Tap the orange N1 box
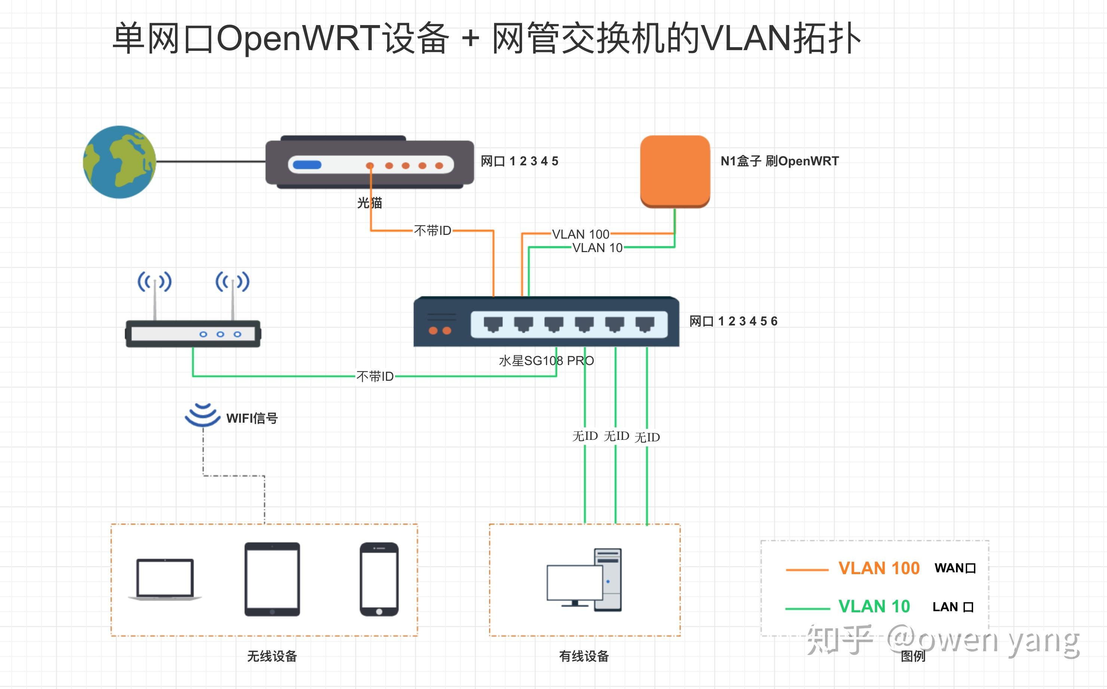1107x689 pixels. click(x=675, y=171)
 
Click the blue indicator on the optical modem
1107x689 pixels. click(x=307, y=165)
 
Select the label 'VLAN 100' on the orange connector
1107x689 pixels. click(x=580, y=234)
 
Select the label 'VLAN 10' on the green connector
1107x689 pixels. click(x=597, y=248)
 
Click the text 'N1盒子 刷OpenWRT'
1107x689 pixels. click(x=779, y=161)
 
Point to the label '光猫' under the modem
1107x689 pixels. click(x=369, y=203)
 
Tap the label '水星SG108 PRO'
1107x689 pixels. click(x=546, y=361)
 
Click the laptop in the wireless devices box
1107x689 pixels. click(x=165, y=579)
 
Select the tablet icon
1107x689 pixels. click(x=272, y=579)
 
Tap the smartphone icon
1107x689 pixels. click(x=379, y=579)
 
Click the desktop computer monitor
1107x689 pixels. click(x=574, y=583)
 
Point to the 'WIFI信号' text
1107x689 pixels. click(x=252, y=418)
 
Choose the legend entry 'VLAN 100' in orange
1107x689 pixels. click(x=879, y=568)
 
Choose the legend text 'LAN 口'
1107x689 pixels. click(x=953, y=607)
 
